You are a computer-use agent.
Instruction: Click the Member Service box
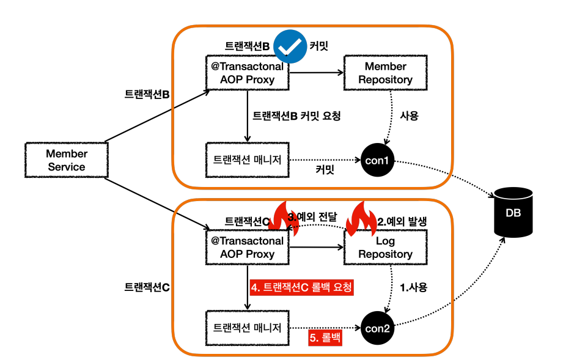67,160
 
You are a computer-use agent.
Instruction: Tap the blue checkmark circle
290,46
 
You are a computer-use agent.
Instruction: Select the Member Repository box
385,73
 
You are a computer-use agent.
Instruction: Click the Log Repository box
385,248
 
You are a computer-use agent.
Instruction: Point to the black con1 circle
377,160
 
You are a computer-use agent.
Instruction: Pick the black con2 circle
377,328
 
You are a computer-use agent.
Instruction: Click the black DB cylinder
513,212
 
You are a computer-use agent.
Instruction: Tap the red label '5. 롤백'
325,338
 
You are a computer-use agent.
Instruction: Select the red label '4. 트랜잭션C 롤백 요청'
301,287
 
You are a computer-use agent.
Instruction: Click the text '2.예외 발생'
402,221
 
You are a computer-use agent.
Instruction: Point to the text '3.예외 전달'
312,217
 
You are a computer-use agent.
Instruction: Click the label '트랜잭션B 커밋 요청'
296,116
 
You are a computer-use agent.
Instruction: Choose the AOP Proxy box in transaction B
248,73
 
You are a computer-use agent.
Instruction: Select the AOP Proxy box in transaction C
248,248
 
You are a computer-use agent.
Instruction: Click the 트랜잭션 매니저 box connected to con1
248,160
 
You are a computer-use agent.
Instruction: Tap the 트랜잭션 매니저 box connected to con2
248,328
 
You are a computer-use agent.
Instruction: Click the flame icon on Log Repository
361,219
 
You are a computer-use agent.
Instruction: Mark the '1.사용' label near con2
414,287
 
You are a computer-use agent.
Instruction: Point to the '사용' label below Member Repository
410,116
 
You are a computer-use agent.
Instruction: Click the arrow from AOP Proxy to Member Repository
316,73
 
